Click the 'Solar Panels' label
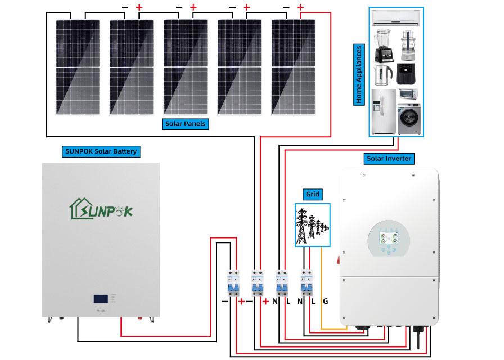click(186, 124)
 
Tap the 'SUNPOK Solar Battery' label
click(101, 151)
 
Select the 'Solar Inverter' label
click(389, 159)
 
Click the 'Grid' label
click(312, 195)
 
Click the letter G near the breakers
click(325, 301)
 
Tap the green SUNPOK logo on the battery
click(101, 210)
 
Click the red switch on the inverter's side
click(338, 259)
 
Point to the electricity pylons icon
click(312, 225)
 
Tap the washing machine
click(409, 119)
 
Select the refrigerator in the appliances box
click(382, 111)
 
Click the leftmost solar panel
click(78, 66)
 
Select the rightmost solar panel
click(294, 66)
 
